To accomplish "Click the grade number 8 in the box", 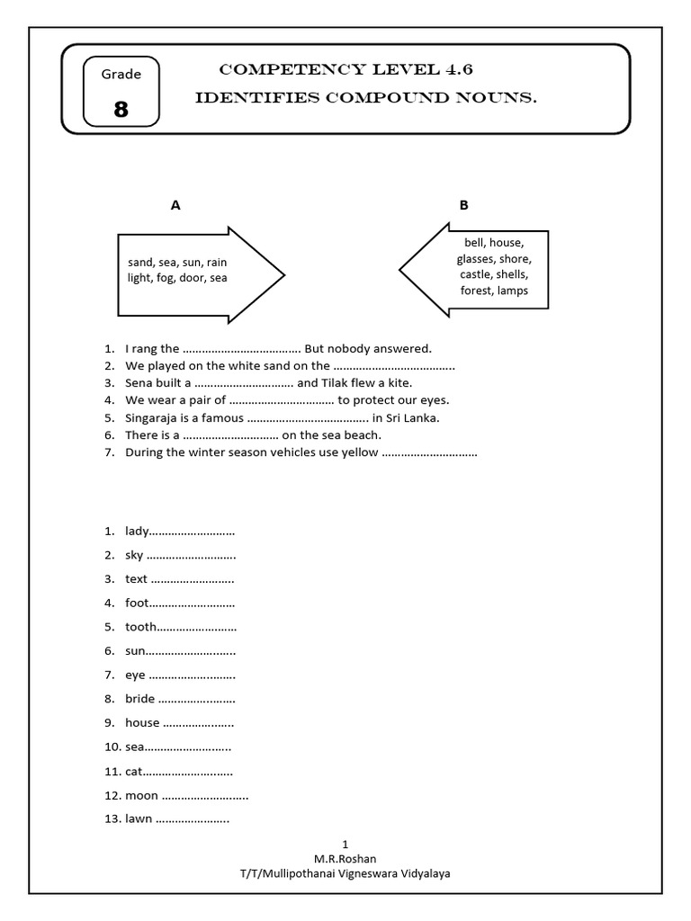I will (121, 110).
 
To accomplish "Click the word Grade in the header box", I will (121, 74).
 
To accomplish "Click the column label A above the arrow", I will (176, 205).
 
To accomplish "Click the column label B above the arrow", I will (464, 205).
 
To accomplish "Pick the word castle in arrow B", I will (474, 273).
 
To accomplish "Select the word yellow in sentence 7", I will (360, 452).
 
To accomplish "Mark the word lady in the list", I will (137, 531).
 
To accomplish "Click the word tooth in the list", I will (140, 626).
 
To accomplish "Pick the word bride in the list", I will (140, 698).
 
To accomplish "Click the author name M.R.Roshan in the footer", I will (345, 858).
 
